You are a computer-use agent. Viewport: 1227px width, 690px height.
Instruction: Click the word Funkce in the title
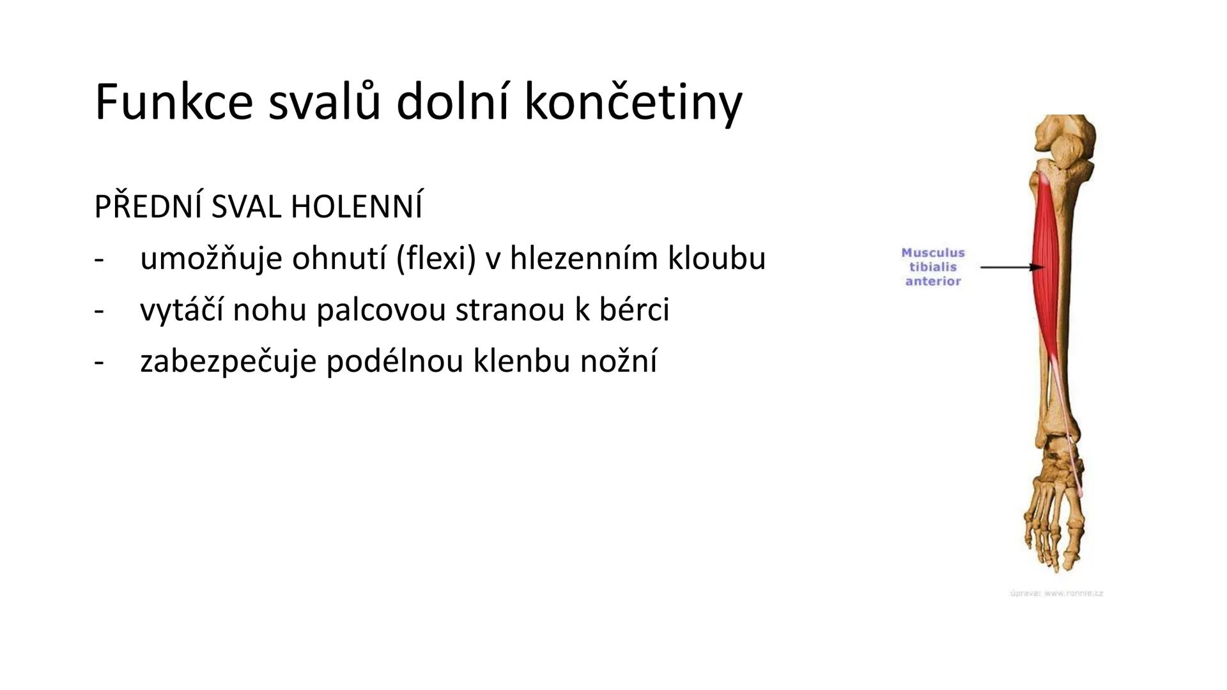click(173, 102)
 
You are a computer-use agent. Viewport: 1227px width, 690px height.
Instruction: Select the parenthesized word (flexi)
click(436, 259)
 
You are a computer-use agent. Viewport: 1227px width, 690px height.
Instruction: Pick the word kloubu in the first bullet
click(716, 259)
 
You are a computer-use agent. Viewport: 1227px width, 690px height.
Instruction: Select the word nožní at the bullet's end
click(618, 361)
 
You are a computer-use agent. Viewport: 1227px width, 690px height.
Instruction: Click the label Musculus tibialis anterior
click(932, 267)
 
